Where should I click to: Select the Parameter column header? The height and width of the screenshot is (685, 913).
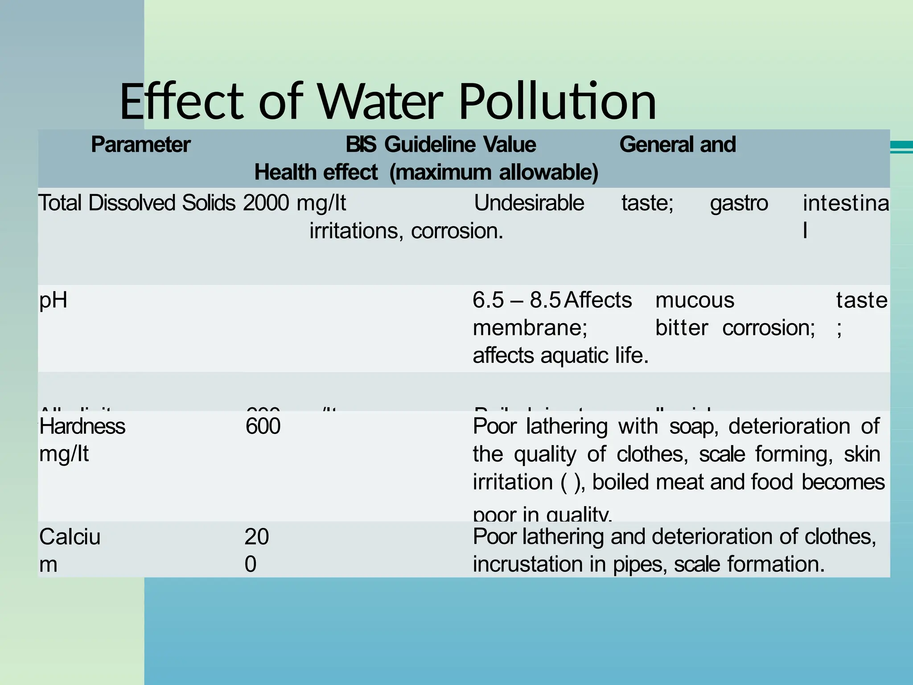click(140, 144)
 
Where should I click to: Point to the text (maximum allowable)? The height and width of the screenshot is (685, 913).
click(494, 172)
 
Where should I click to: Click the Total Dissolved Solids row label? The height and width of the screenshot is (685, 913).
click(136, 203)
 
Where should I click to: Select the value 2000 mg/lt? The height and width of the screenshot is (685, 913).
click(294, 203)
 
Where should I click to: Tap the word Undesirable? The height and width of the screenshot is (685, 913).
click(529, 203)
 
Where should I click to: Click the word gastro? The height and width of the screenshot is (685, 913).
click(739, 203)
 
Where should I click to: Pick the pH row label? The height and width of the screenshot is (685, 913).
click(53, 300)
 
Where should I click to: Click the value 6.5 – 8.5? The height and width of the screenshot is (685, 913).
click(516, 300)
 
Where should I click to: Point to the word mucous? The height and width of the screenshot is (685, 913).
click(695, 300)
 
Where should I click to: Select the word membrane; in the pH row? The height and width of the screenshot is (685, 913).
click(530, 328)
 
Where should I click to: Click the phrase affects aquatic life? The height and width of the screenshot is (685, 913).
click(560, 355)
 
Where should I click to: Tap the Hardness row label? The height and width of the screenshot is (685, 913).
click(82, 426)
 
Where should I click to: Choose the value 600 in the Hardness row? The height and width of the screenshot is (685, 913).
click(263, 426)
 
